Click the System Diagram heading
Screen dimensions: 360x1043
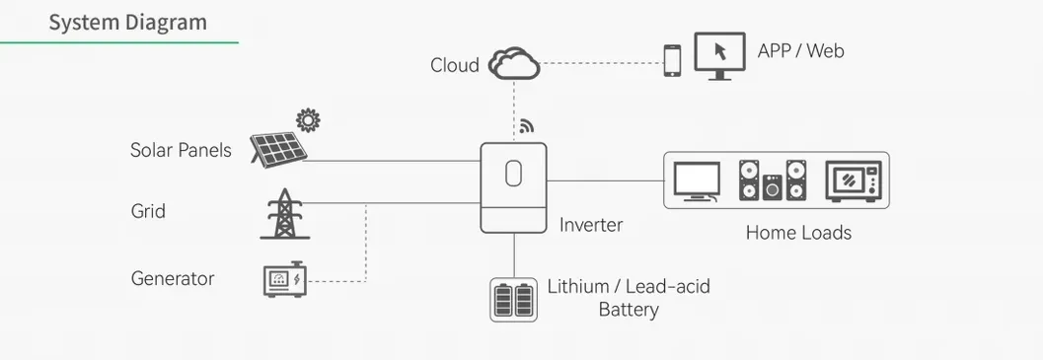point(128,22)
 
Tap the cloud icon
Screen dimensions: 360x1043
point(515,64)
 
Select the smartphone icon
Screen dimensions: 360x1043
point(672,60)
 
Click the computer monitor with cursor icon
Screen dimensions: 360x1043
point(718,55)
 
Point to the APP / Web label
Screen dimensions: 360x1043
point(800,50)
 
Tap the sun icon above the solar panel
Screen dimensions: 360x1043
point(308,120)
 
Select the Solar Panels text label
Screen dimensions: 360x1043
point(181,150)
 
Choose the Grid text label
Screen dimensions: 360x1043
point(148,211)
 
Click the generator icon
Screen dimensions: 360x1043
point(284,280)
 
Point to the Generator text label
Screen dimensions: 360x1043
point(173,278)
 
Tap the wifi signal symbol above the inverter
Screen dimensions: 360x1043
point(526,126)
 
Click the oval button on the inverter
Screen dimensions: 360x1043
point(512,174)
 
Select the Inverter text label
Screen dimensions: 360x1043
point(591,225)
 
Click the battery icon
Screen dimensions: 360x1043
point(513,300)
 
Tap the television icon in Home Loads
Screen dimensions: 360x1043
point(697,180)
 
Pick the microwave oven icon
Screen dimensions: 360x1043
point(851,180)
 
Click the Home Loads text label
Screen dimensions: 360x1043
point(798,233)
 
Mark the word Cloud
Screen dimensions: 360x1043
point(454,65)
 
